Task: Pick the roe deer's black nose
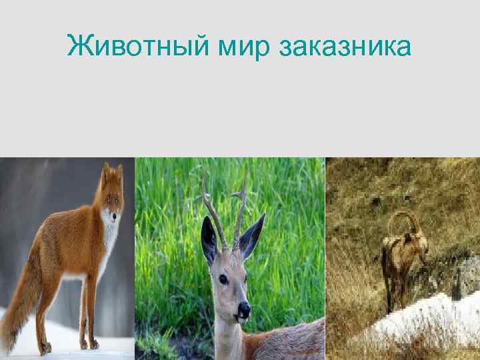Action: coord(244,310)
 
